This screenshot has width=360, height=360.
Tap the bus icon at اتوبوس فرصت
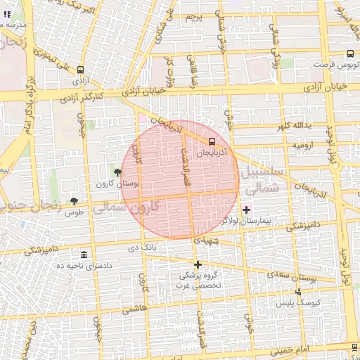click(350, 53)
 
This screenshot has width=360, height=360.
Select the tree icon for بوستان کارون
click(117, 172)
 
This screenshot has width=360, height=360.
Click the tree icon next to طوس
click(74, 201)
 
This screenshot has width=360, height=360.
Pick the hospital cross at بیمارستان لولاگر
click(246, 210)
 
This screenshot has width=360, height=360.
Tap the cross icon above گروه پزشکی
click(198, 265)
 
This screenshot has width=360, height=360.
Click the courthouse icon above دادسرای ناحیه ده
click(84, 255)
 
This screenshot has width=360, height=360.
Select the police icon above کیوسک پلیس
click(298, 291)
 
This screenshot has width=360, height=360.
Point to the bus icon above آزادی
click(80, 70)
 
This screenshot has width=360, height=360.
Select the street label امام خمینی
click(308, 349)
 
